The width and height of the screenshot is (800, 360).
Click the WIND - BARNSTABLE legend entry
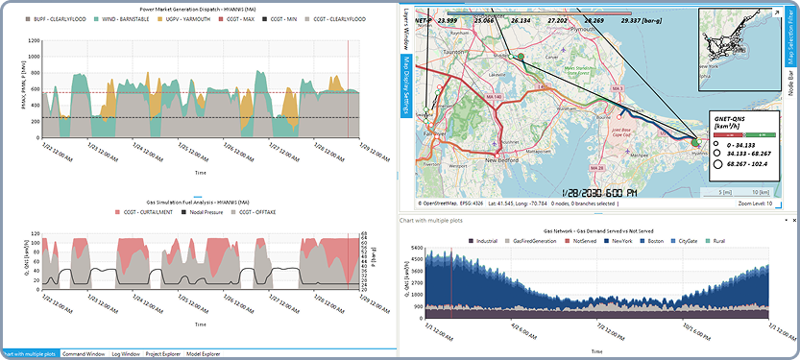(125, 17)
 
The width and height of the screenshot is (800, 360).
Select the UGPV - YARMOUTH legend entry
(188, 17)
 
